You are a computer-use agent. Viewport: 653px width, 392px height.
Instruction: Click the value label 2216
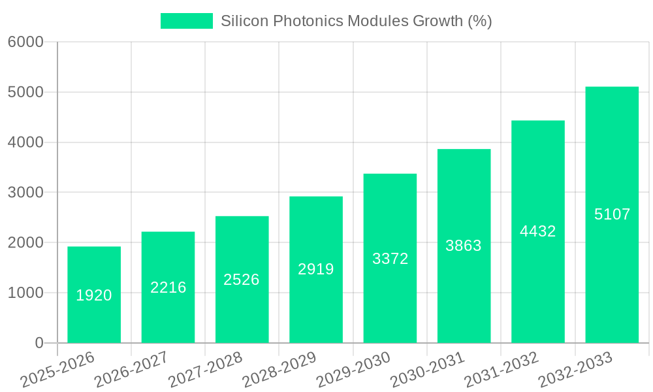point(168,287)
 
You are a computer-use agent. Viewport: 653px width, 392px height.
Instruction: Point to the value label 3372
point(390,259)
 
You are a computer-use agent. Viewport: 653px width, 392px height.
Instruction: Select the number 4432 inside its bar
point(537,231)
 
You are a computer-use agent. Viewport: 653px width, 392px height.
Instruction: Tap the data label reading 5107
point(612,214)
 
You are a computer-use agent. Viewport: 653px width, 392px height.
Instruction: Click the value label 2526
point(242,280)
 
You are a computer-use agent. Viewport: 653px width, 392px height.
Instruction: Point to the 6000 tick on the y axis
point(26,42)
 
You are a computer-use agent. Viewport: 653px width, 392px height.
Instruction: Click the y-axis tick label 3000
point(26,193)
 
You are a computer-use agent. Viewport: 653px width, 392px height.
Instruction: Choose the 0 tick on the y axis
point(39,343)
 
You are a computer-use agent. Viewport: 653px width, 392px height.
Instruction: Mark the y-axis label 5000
point(26,92)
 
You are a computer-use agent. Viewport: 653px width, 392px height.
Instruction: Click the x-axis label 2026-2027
point(131,370)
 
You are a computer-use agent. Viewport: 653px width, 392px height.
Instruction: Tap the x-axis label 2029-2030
point(353,370)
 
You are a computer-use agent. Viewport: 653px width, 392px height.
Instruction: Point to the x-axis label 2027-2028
point(205,370)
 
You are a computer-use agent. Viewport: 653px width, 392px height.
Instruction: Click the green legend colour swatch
point(187,21)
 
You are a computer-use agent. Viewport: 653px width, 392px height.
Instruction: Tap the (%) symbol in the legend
point(480,21)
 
